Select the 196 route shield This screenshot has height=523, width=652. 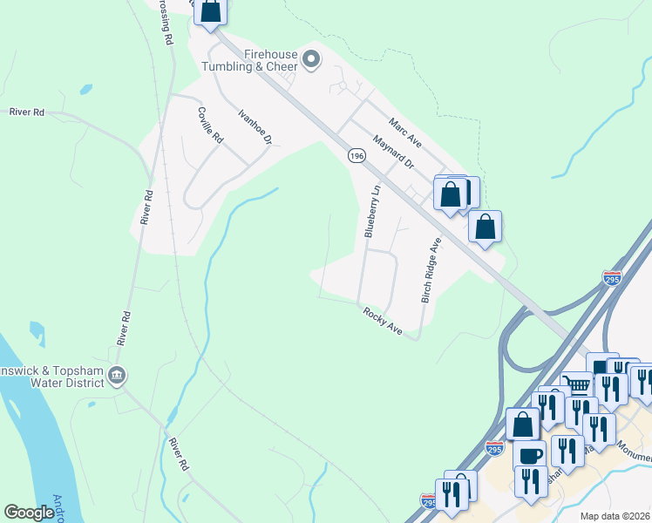(x=356, y=155)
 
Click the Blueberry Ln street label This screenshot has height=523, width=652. (x=371, y=211)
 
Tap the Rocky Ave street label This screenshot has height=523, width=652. (x=383, y=321)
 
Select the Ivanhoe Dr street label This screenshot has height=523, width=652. (x=255, y=126)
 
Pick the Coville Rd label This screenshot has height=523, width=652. (x=210, y=126)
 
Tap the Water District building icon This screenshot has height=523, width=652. (x=117, y=376)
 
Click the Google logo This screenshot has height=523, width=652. (x=29, y=513)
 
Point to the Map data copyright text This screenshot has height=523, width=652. (x=615, y=515)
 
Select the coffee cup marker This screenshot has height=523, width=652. (x=529, y=455)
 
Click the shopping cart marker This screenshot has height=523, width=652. (x=576, y=384)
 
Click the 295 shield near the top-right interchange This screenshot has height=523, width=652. (x=613, y=278)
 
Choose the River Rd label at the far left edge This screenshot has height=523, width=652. (x=26, y=112)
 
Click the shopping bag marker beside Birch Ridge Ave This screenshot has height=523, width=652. (x=485, y=227)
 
